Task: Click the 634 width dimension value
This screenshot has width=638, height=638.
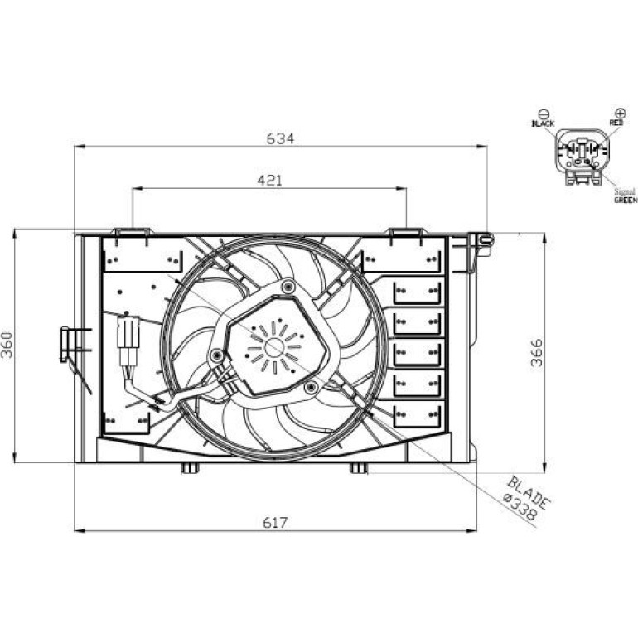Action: (280, 138)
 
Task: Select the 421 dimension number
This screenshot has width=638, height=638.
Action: (270, 181)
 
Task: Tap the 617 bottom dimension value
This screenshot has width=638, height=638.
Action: (275, 522)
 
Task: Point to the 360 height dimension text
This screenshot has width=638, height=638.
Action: (7, 345)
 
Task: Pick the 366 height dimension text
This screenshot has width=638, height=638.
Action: (537, 353)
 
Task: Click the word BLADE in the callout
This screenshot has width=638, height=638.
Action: (529, 492)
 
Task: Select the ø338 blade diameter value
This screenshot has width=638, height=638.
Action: (520, 506)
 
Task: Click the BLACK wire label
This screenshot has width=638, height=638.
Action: (543, 123)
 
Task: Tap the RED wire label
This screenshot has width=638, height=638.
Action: (616, 122)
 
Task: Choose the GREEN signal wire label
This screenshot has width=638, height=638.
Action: (626, 200)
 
